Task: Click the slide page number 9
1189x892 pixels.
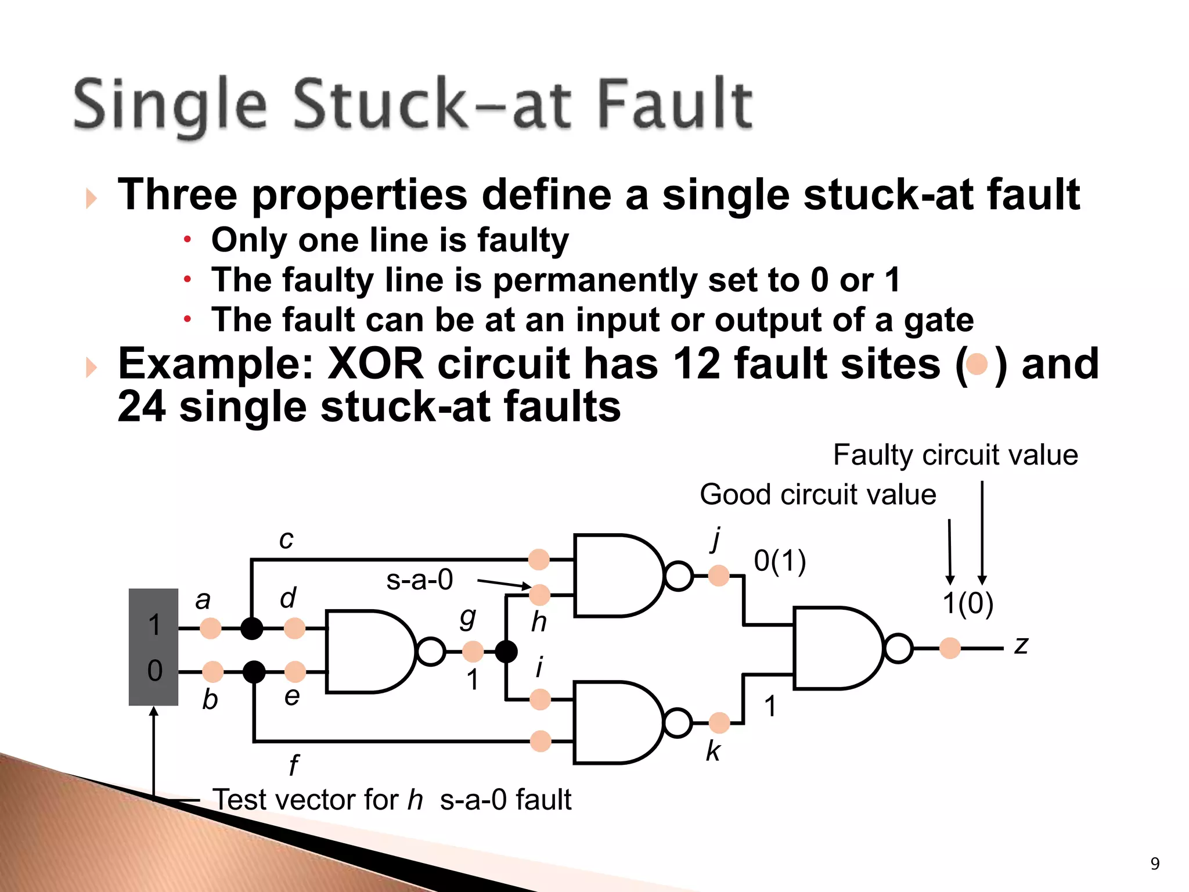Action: [x=1155, y=864]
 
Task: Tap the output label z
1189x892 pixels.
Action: [x=1021, y=645]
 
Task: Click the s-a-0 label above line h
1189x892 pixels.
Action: [x=419, y=580]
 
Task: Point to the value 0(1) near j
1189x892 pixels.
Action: [x=780, y=562]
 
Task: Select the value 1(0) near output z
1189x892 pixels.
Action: [x=967, y=603]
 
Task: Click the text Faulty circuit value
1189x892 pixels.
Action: [x=955, y=455]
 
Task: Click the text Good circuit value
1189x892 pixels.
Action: [x=817, y=495]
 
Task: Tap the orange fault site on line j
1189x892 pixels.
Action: [x=719, y=576]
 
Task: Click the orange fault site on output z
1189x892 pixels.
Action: [x=950, y=648]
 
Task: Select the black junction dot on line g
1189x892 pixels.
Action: [x=506, y=652]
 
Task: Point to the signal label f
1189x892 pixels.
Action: [x=293, y=765]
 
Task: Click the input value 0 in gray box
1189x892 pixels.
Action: [x=154, y=671]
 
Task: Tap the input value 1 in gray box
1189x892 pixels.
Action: [x=154, y=625]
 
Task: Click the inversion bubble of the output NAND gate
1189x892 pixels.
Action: [x=898, y=648]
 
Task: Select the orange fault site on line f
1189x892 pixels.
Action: [x=540, y=741]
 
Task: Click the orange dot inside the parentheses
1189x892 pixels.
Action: [x=978, y=364]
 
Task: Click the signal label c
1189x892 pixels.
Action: [x=286, y=539]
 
